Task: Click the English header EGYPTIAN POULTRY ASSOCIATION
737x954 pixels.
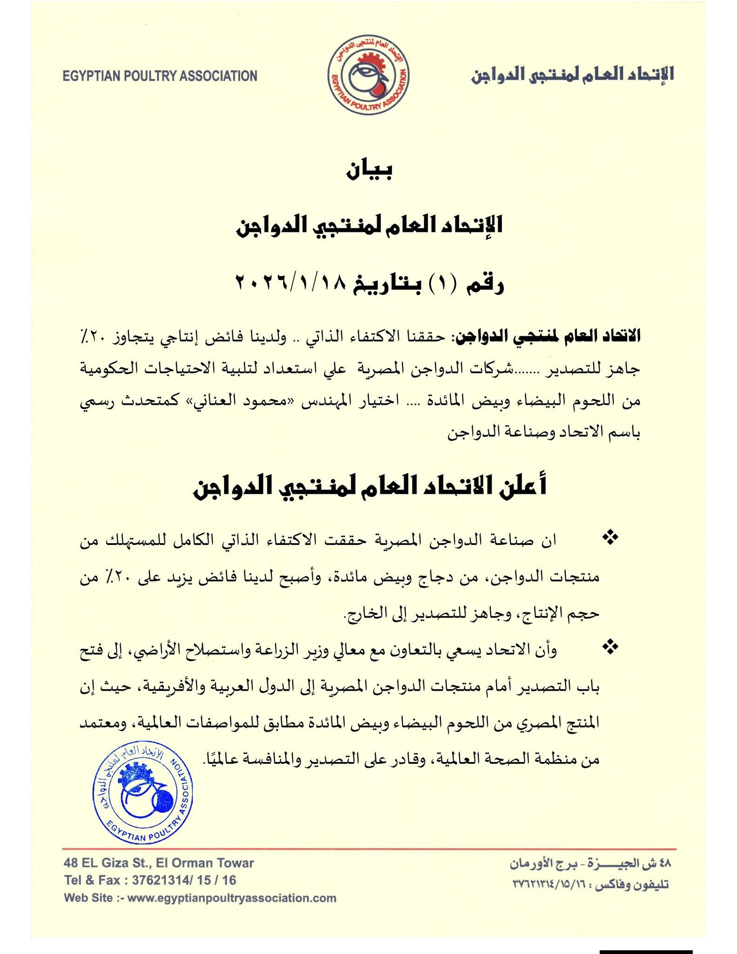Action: click(160, 76)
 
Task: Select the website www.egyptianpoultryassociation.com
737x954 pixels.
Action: click(231, 898)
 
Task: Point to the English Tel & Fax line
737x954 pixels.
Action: click(150, 880)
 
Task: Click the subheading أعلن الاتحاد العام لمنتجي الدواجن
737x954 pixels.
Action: click(369, 486)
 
